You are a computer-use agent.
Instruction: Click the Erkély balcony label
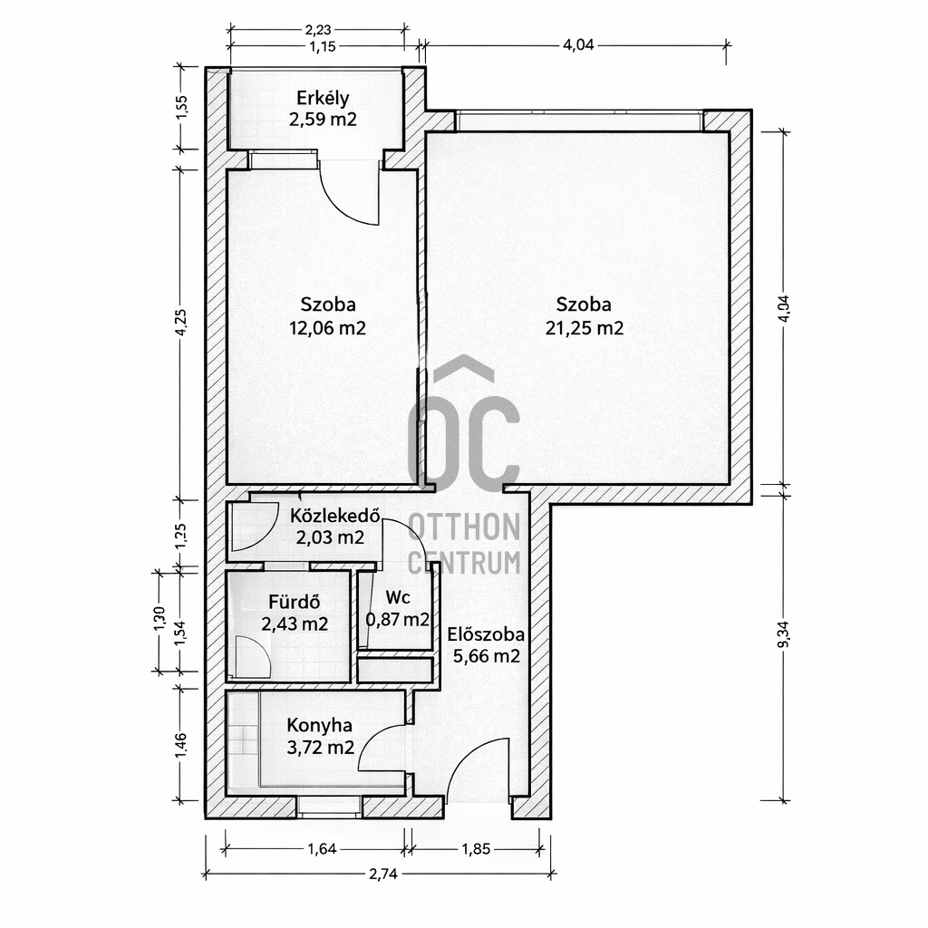(x=323, y=98)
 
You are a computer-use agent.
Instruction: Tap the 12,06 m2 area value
(x=327, y=328)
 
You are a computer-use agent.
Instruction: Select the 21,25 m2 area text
(x=585, y=328)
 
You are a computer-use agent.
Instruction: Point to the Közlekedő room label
(x=334, y=516)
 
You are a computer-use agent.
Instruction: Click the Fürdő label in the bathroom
(x=295, y=603)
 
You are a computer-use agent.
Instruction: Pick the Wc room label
(x=398, y=597)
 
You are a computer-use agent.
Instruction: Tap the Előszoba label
(x=486, y=635)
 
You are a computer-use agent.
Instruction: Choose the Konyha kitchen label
(x=320, y=726)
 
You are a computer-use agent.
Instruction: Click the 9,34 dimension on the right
(x=784, y=633)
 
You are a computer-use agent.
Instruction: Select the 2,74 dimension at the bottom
(x=383, y=875)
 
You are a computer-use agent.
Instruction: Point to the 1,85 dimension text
(x=476, y=849)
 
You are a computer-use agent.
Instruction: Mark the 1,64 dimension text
(x=322, y=849)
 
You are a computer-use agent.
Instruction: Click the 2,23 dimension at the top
(x=318, y=29)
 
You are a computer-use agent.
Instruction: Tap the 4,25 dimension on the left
(x=181, y=323)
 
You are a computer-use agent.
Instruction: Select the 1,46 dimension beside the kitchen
(x=181, y=745)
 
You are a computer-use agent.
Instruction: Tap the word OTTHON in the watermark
(x=464, y=527)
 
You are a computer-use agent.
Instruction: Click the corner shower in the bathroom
(x=252, y=657)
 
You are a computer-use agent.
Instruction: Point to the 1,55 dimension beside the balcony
(x=181, y=108)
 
